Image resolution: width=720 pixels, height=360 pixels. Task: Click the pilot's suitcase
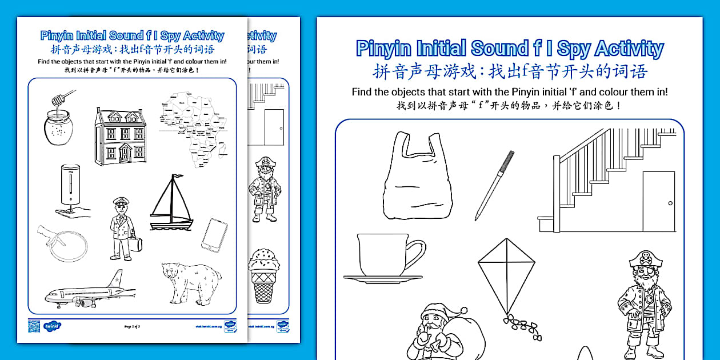click(136, 245)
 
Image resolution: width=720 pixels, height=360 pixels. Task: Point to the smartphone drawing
click(214, 235)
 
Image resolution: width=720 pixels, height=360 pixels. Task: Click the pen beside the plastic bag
click(494, 186)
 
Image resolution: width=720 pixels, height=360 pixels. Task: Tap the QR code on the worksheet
click(34, 326)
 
